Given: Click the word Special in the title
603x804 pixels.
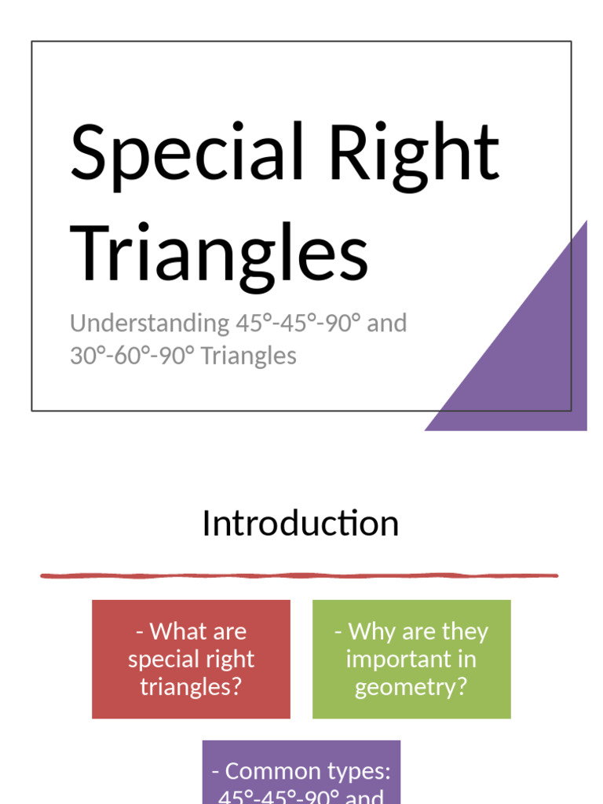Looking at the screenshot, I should (187, 151).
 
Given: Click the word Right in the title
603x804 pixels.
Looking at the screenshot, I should (414, 151).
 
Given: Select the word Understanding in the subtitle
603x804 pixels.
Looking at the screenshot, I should (148, 323).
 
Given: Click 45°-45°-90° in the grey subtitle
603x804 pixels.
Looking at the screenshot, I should (298, 323).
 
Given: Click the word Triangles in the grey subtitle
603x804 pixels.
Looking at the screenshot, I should (249, 356).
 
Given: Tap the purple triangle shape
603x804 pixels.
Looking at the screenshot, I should (534, 361).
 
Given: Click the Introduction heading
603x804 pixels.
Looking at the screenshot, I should (300, 524).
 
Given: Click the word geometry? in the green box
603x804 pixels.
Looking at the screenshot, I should (411, 687).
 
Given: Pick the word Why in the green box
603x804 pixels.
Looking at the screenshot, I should (365, 631).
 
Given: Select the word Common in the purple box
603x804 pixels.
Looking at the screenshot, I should (271, 771).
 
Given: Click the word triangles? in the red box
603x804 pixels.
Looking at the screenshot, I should (191, 687).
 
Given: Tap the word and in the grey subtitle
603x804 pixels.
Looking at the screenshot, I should (387, 323).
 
